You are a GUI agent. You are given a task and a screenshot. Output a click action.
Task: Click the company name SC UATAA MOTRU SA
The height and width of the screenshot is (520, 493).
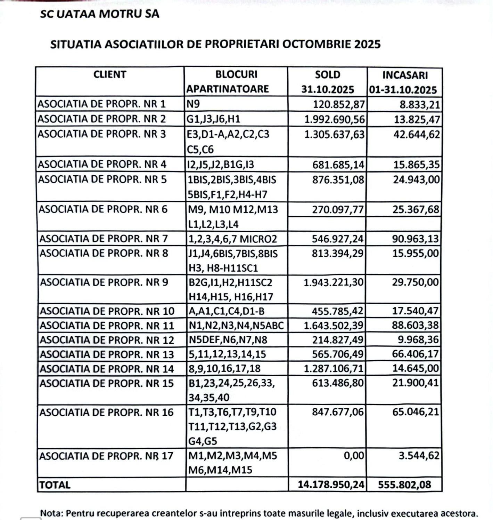coord(100,14)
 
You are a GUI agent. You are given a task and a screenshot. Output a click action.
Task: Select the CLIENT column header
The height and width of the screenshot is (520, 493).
coord(110,74)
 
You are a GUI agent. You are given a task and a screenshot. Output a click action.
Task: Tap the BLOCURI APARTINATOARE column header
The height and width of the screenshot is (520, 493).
coord(236,82)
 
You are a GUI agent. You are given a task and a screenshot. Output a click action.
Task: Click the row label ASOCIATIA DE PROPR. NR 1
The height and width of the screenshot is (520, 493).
coord(102,104)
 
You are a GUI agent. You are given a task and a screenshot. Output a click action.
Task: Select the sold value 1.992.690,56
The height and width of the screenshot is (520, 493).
coord(335,119)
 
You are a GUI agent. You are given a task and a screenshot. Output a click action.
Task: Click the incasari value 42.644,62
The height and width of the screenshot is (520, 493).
coord(417,135)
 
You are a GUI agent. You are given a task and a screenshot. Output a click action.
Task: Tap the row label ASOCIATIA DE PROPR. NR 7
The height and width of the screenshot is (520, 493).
coord(104,239)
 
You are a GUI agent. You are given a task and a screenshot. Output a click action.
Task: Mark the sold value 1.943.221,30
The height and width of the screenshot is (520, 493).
coord(334,282)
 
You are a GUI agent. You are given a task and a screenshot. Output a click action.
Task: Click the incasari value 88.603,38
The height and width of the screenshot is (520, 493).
coord(416,326)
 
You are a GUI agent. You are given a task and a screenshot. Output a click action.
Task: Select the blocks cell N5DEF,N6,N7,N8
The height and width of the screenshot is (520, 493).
coord(228,340)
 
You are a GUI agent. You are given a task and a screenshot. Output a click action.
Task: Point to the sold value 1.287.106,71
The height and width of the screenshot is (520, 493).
coord(334,369)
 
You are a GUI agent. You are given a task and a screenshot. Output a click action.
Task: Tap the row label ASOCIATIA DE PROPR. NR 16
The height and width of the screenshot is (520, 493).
coord(106,413)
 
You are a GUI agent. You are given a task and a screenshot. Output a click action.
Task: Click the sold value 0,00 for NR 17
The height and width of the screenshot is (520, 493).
coord(354,456)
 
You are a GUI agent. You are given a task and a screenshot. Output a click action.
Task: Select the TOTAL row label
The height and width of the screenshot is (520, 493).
coord(55,485)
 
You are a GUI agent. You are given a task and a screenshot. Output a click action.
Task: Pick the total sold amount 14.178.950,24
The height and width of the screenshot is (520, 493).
coord(331,485)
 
